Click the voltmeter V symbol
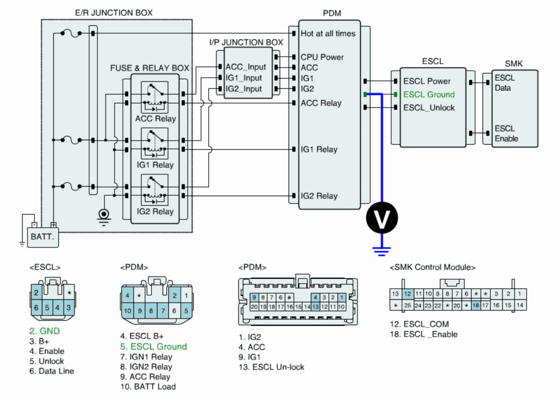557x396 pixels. (x=382, y=218)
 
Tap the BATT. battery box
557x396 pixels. (x=43, y=237)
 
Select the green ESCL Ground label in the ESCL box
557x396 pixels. (x=429, y=94)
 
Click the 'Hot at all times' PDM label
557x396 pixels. (x=328, y=33)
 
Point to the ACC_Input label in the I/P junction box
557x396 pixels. (x=246, y=67)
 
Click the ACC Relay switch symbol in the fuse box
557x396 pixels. (x=155, y=97)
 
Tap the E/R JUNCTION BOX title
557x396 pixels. (x=114, y=13)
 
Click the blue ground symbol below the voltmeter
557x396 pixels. (x=382, y=251)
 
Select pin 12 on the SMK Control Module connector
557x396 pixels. (x=408, y=294)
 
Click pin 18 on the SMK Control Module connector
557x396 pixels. (x=475, y=305)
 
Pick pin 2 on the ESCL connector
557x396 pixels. (x=36, y=293)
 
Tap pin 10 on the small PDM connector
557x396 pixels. (x=127, y=311)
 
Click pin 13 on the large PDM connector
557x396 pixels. (x=315, y=307)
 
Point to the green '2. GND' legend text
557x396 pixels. (x=44, y=331)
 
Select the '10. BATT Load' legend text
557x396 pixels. (x=148, y=386)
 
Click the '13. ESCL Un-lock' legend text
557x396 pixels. (x=271, y=367)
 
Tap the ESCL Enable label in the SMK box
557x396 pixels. (x=506, y=133)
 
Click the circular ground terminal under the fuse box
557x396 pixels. (x=104, y=214)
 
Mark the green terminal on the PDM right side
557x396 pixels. (x=365, y=95)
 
